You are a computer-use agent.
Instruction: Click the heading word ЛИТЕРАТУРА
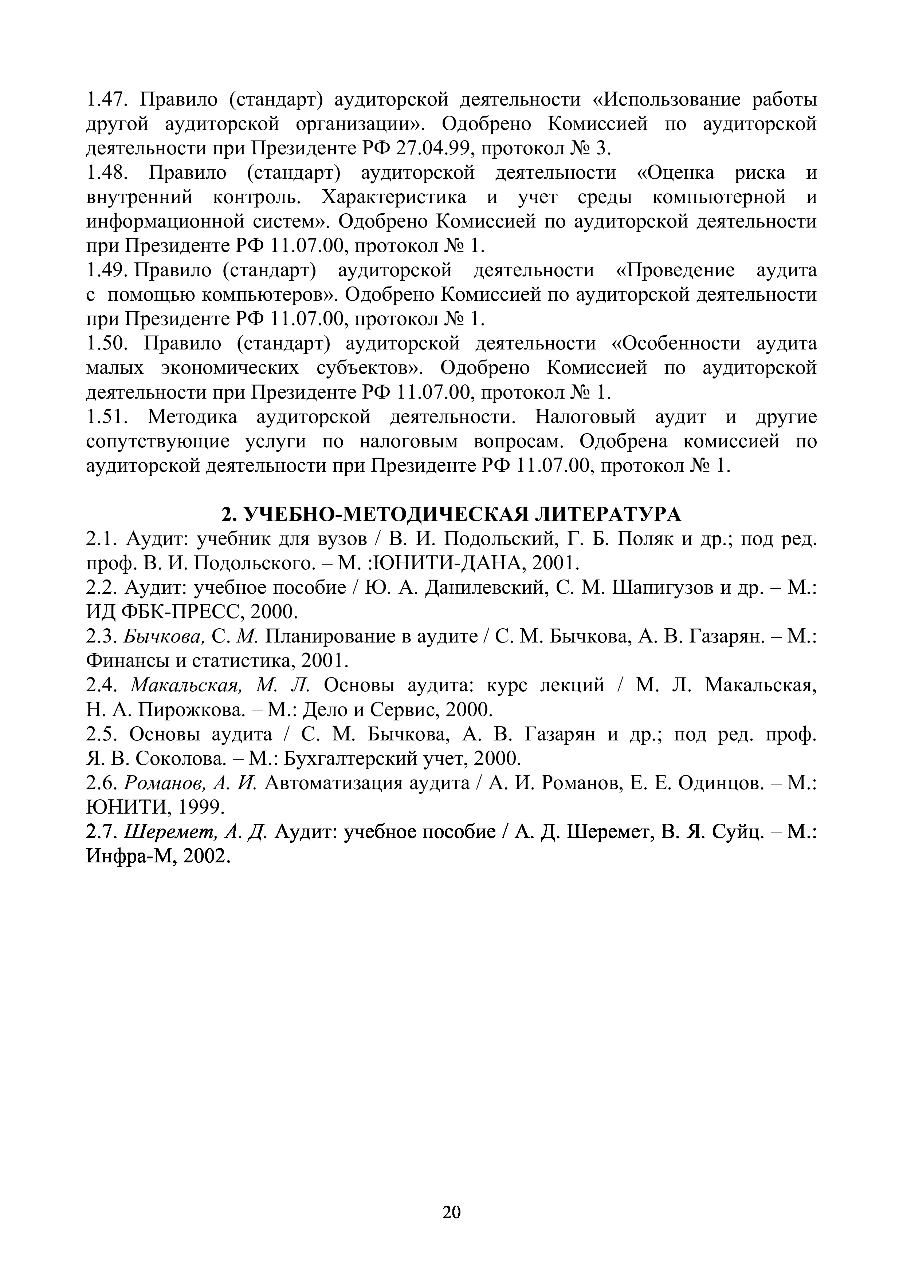608,514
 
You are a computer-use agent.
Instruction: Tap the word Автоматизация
333,783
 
